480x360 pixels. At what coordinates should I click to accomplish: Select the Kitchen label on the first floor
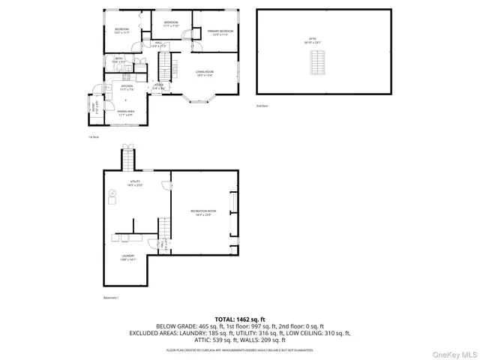tap(127, 88)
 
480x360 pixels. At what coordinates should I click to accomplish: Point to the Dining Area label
tap(126, 113)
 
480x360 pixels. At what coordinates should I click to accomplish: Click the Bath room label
tap(118, 60)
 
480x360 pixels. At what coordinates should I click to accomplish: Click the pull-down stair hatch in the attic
tap(318, 67)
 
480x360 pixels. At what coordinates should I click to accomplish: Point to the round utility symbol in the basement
tap(113, 193)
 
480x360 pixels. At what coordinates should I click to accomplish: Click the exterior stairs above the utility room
tap(129, 159)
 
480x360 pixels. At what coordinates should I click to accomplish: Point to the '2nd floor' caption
tap(261, 106)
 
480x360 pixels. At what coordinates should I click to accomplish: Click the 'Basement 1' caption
tap(111, 298)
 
